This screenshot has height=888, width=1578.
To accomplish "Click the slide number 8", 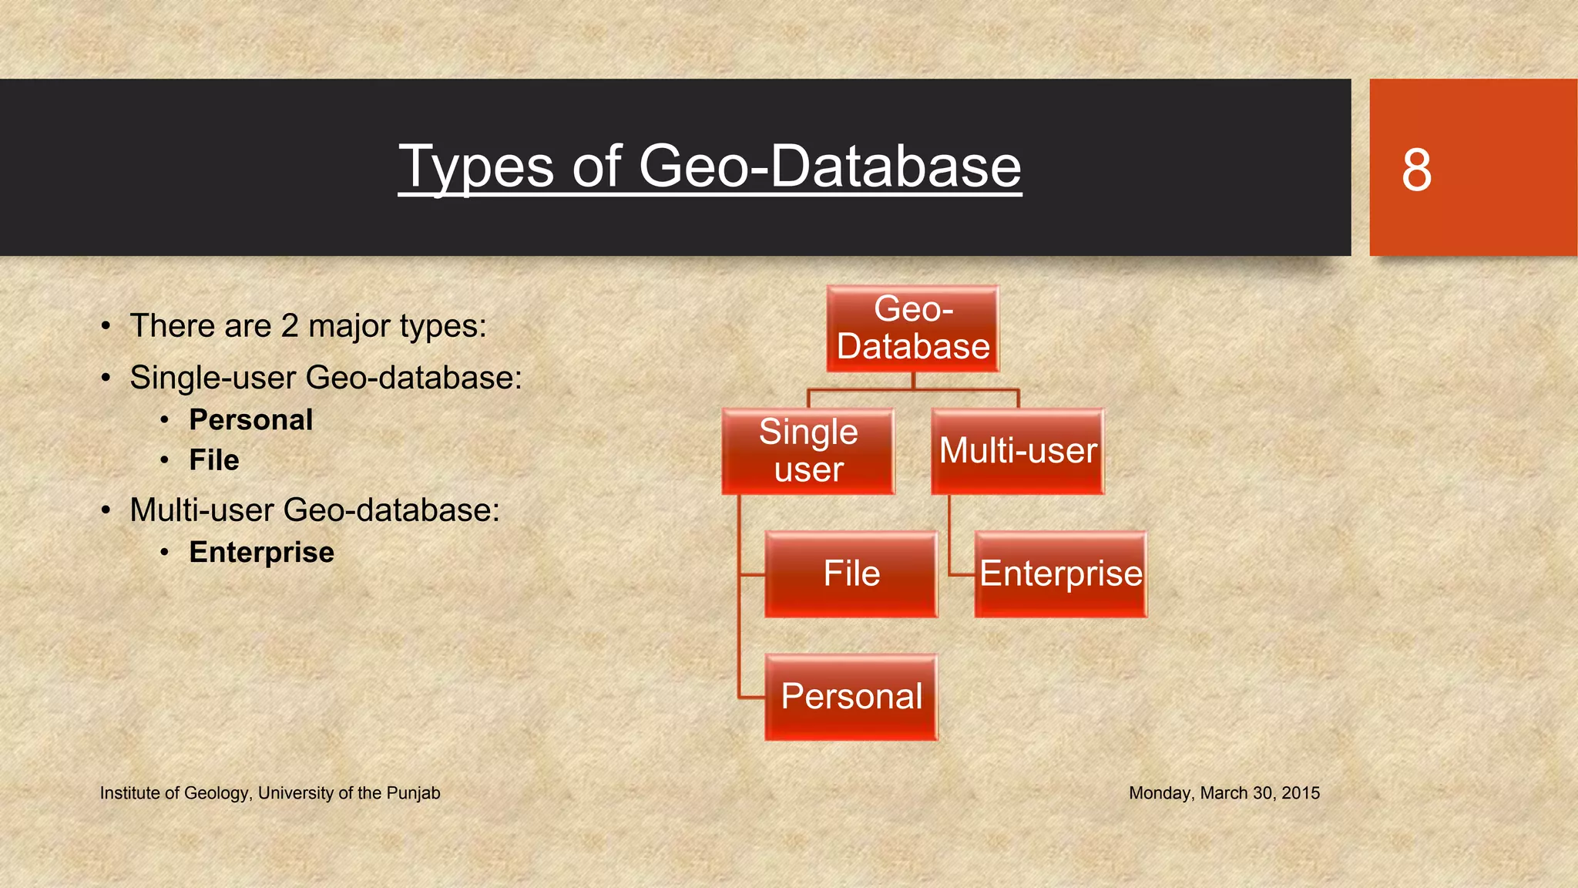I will tap(1416, 170).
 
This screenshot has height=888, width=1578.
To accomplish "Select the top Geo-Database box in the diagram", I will tap(913, 329).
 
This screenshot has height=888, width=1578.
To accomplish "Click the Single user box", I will tap(808, 452).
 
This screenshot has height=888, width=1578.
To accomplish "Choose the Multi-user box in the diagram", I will tap(1018, 452).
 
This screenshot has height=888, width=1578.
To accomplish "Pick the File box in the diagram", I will tap(851, 574).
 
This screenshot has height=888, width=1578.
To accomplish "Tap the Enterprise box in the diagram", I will tap(1061, 574).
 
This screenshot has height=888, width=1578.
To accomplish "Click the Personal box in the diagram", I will tap(851, 698).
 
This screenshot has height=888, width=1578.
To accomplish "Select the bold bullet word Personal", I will tap(251, 420).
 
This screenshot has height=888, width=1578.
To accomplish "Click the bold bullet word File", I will tap(214, 460).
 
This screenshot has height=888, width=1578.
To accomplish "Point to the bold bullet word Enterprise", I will tap(262, 553).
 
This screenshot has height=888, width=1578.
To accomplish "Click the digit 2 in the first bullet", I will tap(290, 326).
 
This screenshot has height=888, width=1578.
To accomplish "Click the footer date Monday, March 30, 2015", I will tap(1224, 793).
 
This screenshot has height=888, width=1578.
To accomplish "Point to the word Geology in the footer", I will tap(217, 793).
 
